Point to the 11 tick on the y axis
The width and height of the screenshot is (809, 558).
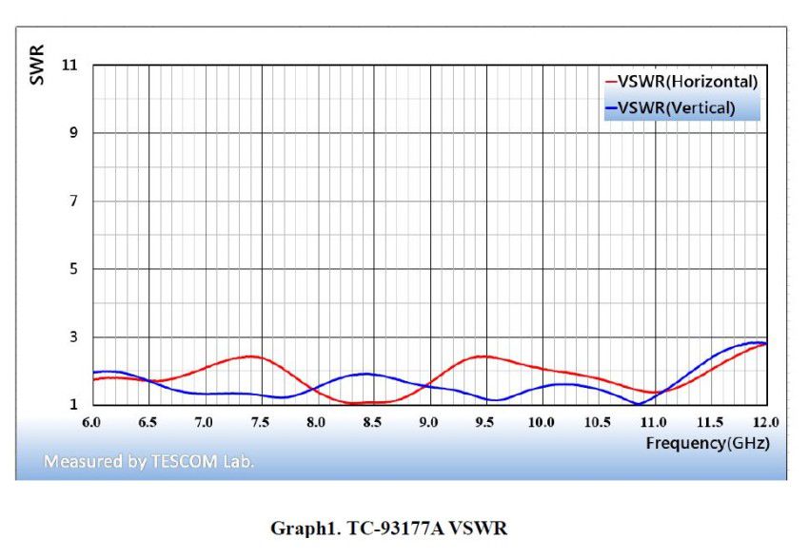click(x=70, y=65)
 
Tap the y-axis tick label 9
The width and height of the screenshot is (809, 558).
click(x=73, y=133)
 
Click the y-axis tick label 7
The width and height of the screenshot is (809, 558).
click(x=73, y=202)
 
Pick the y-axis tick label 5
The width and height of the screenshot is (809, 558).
click(x=73, y=269)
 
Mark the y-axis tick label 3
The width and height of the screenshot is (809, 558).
click(x=73, y=337)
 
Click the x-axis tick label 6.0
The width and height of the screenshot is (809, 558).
click(x=91, y=421)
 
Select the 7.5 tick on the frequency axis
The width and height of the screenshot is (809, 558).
click(x=260, y=421)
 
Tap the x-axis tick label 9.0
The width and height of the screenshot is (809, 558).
click(x=429, y=421)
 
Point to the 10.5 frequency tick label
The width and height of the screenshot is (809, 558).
click(x=597, y=421)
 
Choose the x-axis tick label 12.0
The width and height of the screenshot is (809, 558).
click(x=765, y=421)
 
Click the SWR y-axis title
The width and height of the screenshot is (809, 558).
click(x=36, y=68)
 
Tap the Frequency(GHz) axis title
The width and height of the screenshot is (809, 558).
click(x=707, y=443)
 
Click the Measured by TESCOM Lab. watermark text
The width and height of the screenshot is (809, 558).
click(x=148, y=462)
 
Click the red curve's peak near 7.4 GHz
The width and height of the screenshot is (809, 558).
click(x=250, y=356)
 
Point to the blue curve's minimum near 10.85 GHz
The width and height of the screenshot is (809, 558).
click(x=637, y=404)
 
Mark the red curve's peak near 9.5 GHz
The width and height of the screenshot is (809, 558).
click(x=484, y=356)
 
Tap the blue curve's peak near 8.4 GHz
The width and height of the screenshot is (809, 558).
click(x=365, y=374)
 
